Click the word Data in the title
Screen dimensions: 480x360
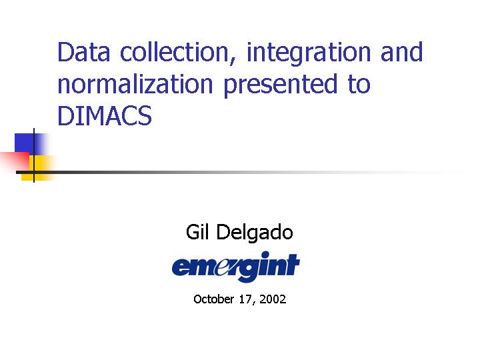[83, 52]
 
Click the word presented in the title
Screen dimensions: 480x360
[281, 85]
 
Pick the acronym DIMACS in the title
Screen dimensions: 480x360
[105, 115]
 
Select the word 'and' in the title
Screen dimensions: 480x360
[401, 52]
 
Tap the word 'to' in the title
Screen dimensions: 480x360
[359, 83]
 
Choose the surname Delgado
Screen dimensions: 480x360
[255, 233]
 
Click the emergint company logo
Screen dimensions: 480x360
[235, 266]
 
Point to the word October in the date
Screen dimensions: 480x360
[214, 299]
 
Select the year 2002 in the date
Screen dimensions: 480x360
[273, 299]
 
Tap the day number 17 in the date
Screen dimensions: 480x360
[245, 299]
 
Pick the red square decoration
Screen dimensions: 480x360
[15, 161]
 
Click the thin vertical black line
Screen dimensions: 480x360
[34, 155]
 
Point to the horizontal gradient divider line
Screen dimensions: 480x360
[240, 173]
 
